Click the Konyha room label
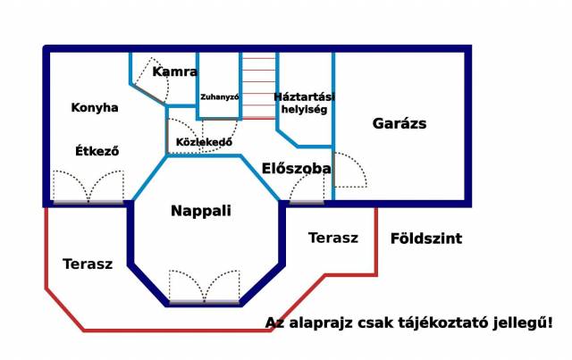95,107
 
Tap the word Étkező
97,150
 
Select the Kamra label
175,71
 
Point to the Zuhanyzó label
220,97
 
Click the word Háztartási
304,97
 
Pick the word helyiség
304,109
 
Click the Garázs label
400,123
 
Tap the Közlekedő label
204,142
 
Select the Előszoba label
297,168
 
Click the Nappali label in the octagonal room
201,211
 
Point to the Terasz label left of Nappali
88,264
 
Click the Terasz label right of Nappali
333,238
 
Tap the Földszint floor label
426,239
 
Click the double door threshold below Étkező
88,202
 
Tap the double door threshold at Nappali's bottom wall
205,302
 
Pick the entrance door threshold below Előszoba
307,202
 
